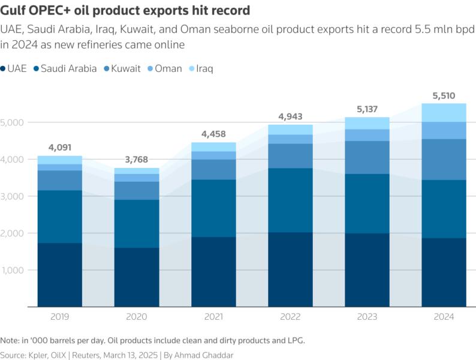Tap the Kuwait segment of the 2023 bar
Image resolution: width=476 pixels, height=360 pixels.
(x=367, y=157)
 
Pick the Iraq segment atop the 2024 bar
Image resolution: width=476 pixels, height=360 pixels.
(x=444, y=113)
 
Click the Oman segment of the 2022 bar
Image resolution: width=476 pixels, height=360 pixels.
(x=291, y=139)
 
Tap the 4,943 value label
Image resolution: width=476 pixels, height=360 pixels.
(x=291, y=116)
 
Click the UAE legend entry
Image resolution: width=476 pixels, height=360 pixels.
(x=17, y=68)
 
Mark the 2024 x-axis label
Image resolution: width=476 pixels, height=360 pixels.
(x=444, y=317)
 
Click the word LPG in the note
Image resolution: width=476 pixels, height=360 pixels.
(x=295, y=340)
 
